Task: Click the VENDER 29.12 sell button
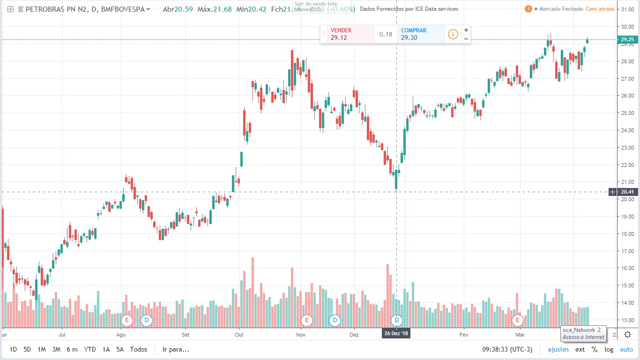click(x=347, y=34)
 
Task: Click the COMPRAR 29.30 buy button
click(x=420, y=34)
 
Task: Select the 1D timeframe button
click(x=13, y=349)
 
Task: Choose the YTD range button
click(x=89, y=349)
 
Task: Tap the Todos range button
click(x=138, y=349)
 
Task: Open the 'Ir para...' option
click(x=176, y=349)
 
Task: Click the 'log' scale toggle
click(x=609, y=349)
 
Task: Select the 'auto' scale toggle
click(x=626, y=349)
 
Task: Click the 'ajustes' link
click(x=558, y=349)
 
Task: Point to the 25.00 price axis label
click(x=627, y=113)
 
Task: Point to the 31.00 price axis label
click(x=627, y=9)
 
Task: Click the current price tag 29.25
click(x=627, y=40)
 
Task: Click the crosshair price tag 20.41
click(x=627, y=192)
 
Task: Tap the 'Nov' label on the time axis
click(x=301, y=335)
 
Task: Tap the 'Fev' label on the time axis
click(x=464, y=335)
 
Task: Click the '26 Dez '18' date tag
click(x=396, y=334)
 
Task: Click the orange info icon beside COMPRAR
click(x=453, y=34)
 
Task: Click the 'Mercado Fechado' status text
click(x=560, y=9)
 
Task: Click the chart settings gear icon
click(x=628, y=334)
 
